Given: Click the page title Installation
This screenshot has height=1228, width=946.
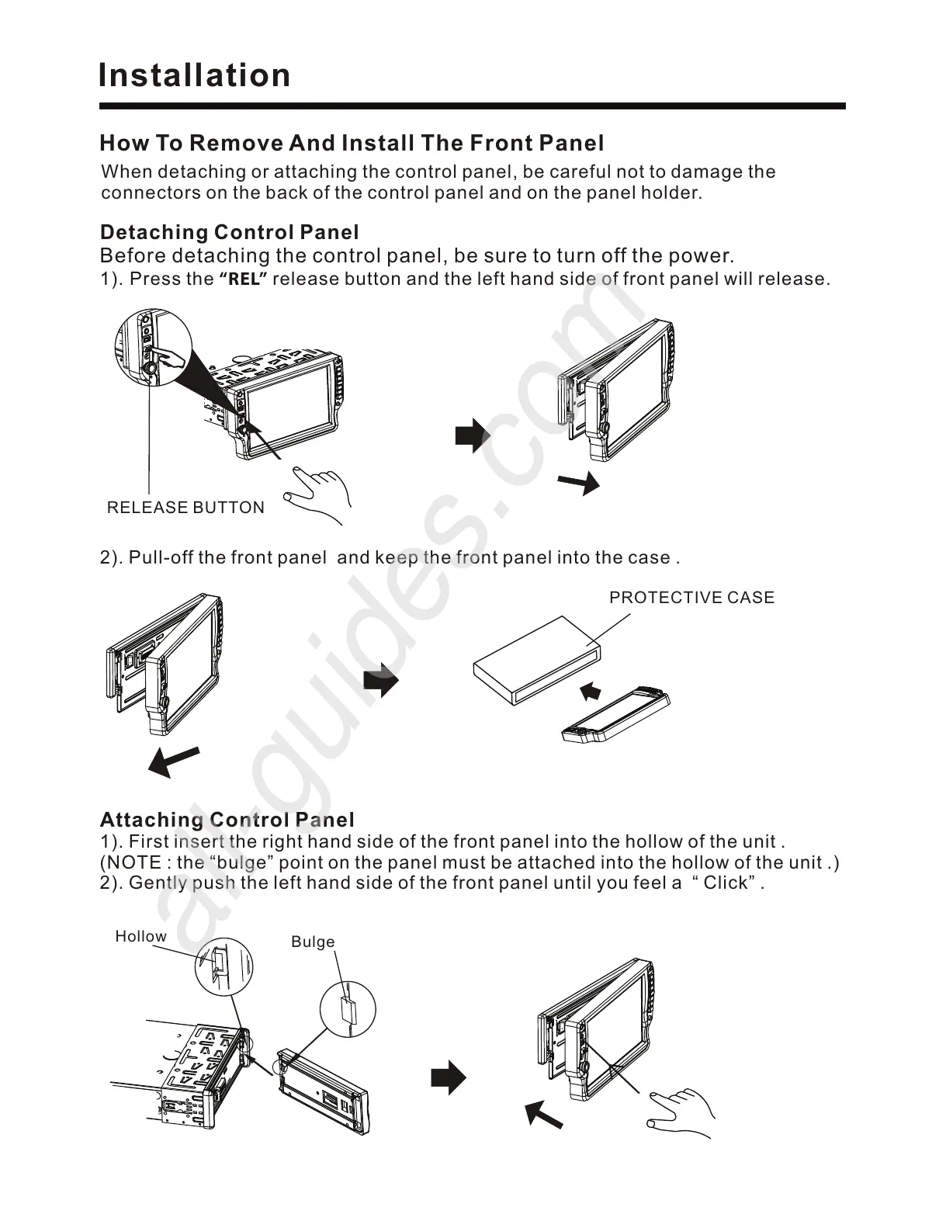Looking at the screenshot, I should point(194,76).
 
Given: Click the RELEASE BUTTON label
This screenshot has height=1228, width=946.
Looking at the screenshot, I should point(185,508).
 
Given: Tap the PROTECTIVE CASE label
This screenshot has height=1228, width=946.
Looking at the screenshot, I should point(691,598).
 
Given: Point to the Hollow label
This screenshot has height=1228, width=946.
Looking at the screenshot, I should point(140,936).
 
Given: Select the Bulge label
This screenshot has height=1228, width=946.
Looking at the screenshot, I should point(313,942).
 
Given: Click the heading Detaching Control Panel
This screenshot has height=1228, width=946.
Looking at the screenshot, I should point(230,232).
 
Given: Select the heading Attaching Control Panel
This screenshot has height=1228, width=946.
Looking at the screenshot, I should point(227,820).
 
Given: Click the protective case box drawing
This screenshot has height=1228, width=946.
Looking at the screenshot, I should point(536,659).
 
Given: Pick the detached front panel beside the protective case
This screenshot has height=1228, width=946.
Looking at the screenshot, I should point(615,716).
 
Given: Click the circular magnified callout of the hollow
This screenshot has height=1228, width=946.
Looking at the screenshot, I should point(224,966).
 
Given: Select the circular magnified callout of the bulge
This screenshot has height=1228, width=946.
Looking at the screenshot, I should point(348,1008).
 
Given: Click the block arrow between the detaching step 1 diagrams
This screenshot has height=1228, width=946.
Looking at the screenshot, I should point(472,435).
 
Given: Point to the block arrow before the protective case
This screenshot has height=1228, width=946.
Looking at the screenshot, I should point(380,681).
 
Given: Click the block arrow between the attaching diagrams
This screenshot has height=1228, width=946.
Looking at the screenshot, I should point(448,1078).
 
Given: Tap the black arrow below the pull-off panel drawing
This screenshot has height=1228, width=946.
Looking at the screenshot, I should point(175,761).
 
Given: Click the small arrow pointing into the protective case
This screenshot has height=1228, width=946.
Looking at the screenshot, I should point(591,689).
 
